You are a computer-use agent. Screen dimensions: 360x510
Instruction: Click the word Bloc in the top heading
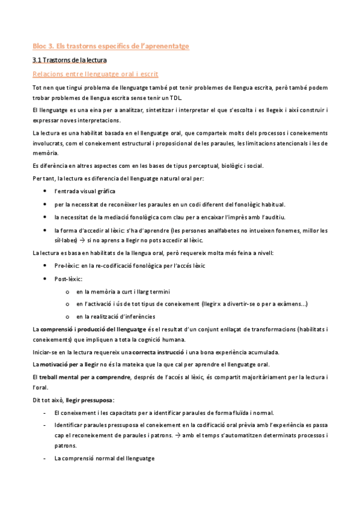38,45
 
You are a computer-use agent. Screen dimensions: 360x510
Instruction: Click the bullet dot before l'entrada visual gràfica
47,191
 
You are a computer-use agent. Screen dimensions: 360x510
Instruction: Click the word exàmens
290,304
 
